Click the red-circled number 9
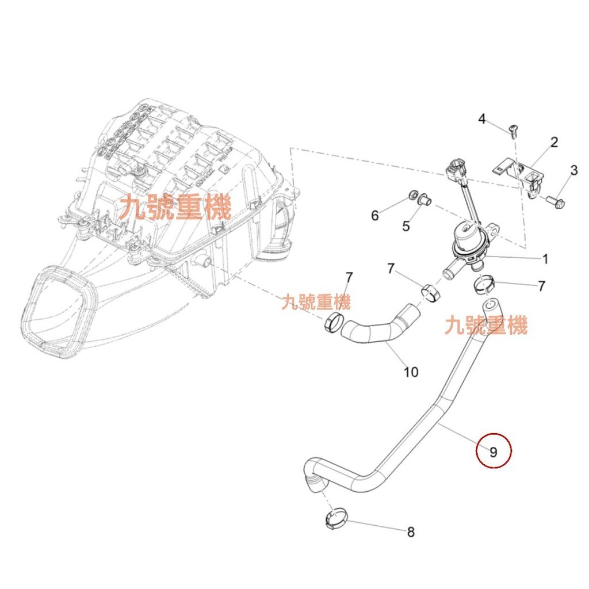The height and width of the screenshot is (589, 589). [x=494, y=452]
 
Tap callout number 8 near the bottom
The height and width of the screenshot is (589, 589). [x=411, y=532]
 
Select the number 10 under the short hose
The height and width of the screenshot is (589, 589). [x=411, y=372]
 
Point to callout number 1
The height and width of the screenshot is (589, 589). [x=545, y=259]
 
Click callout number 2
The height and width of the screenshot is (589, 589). [x=554, y=142]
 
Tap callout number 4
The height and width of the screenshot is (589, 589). [x=482, y=119]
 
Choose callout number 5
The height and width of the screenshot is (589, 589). [x=406, y=226]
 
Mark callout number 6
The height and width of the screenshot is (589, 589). [x=375, y=216]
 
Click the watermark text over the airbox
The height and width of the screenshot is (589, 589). [x=175, y=206]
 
